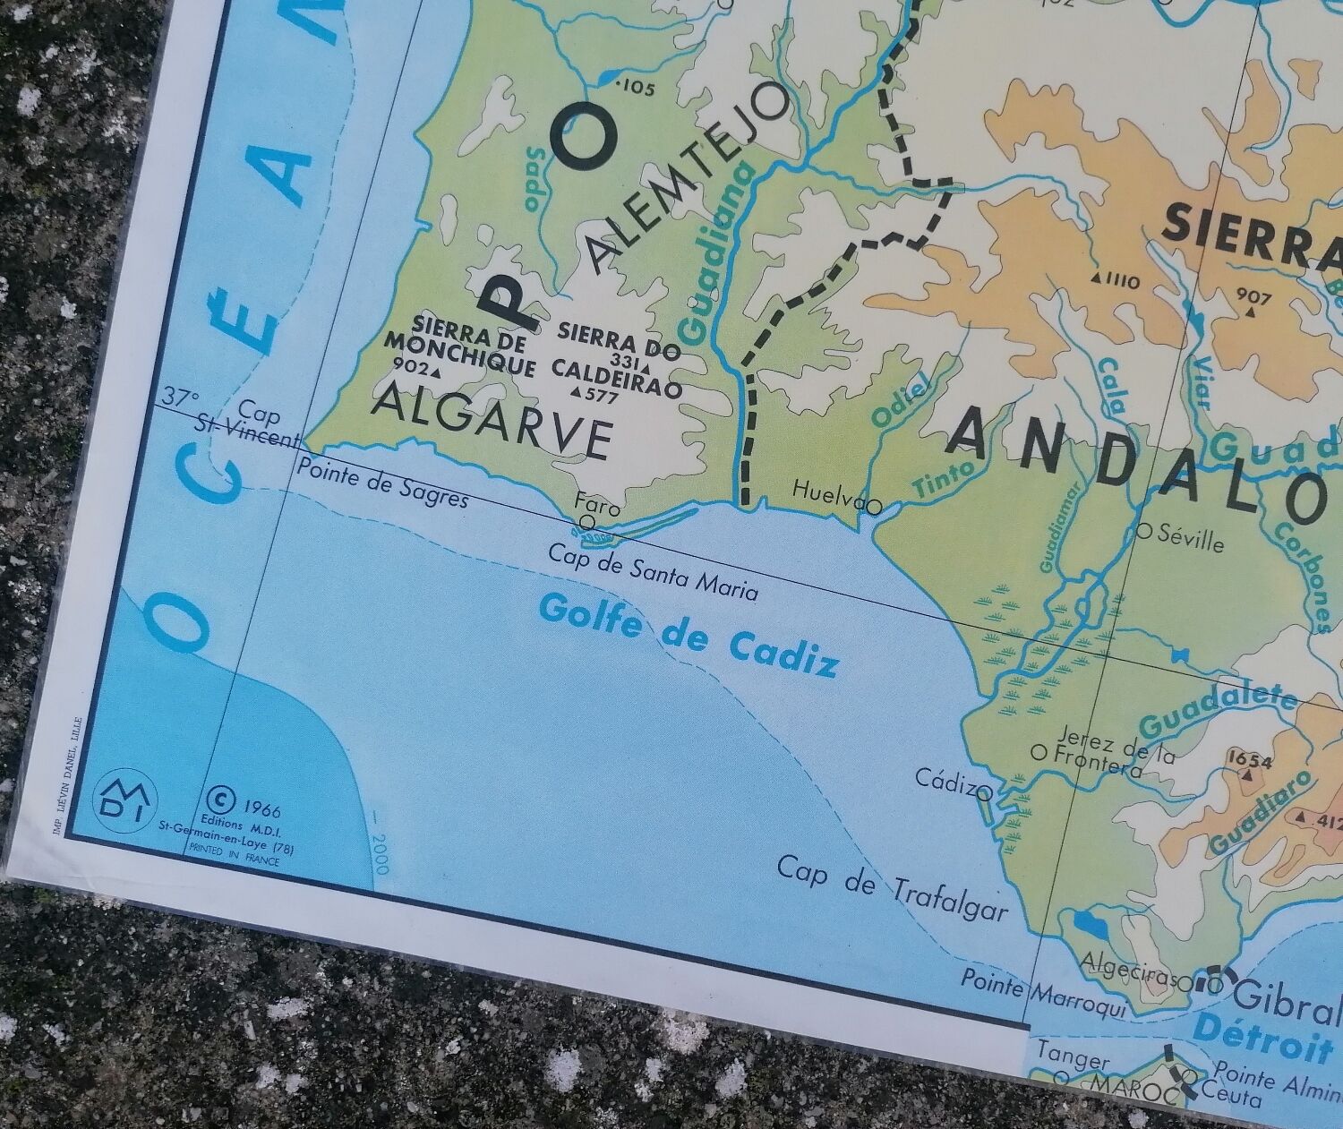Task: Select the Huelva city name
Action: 828,490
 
